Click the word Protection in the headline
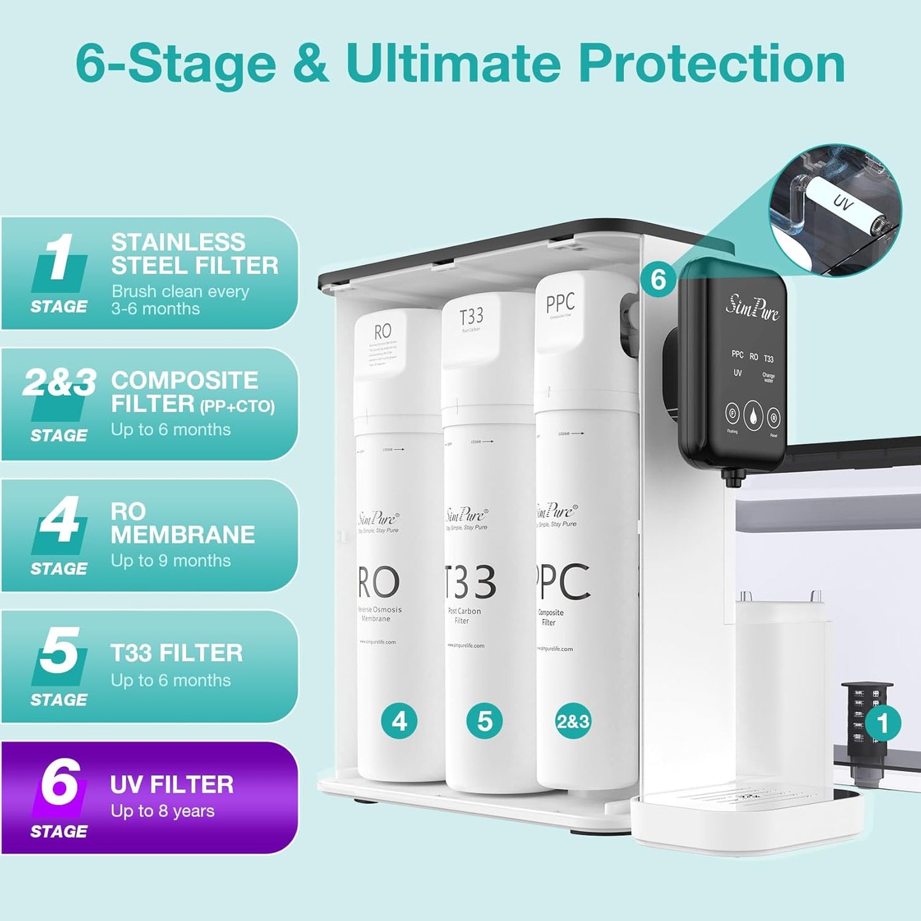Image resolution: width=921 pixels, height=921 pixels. pyautogui.click(x=711, y=64)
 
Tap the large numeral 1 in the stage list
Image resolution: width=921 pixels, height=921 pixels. pyautogui.click(x=59, y=257)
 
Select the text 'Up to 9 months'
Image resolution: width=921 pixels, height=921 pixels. pyautogui.click(x=171, y=561)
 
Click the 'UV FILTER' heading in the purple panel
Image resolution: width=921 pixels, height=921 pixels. pyautogui.click(x=172, y=785)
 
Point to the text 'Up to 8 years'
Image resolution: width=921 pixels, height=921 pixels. pyautogui.click(x=163, y=811)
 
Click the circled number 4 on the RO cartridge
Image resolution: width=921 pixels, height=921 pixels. pyautogui.click(x=399, y=722)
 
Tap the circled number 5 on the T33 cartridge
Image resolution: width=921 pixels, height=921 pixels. pyautogui.click(x=484, y=722)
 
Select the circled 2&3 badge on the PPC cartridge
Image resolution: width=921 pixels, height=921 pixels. pyautogui.click(x=572, y=722)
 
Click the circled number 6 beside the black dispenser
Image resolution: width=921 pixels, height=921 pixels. pyautogui.click(x=658, y=279)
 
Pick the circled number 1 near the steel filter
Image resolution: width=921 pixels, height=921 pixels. pyautogui.click(x=883, y=723)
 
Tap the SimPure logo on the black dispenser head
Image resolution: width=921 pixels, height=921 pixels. pyautogui.click(x=752, y=308)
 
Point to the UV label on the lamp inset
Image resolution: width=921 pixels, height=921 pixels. pyautogui.click(x=843, y=203)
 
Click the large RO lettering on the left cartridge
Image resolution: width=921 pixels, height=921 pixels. pyautogui.click(x=379, y=582)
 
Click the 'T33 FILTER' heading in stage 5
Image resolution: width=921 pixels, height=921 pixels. pyautogui.click(x=177, y=653)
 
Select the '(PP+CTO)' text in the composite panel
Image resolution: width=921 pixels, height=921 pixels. pyautogui.click(x=237, y=407)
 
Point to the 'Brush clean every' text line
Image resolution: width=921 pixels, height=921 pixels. pyautogui.click(x=180, y=291)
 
